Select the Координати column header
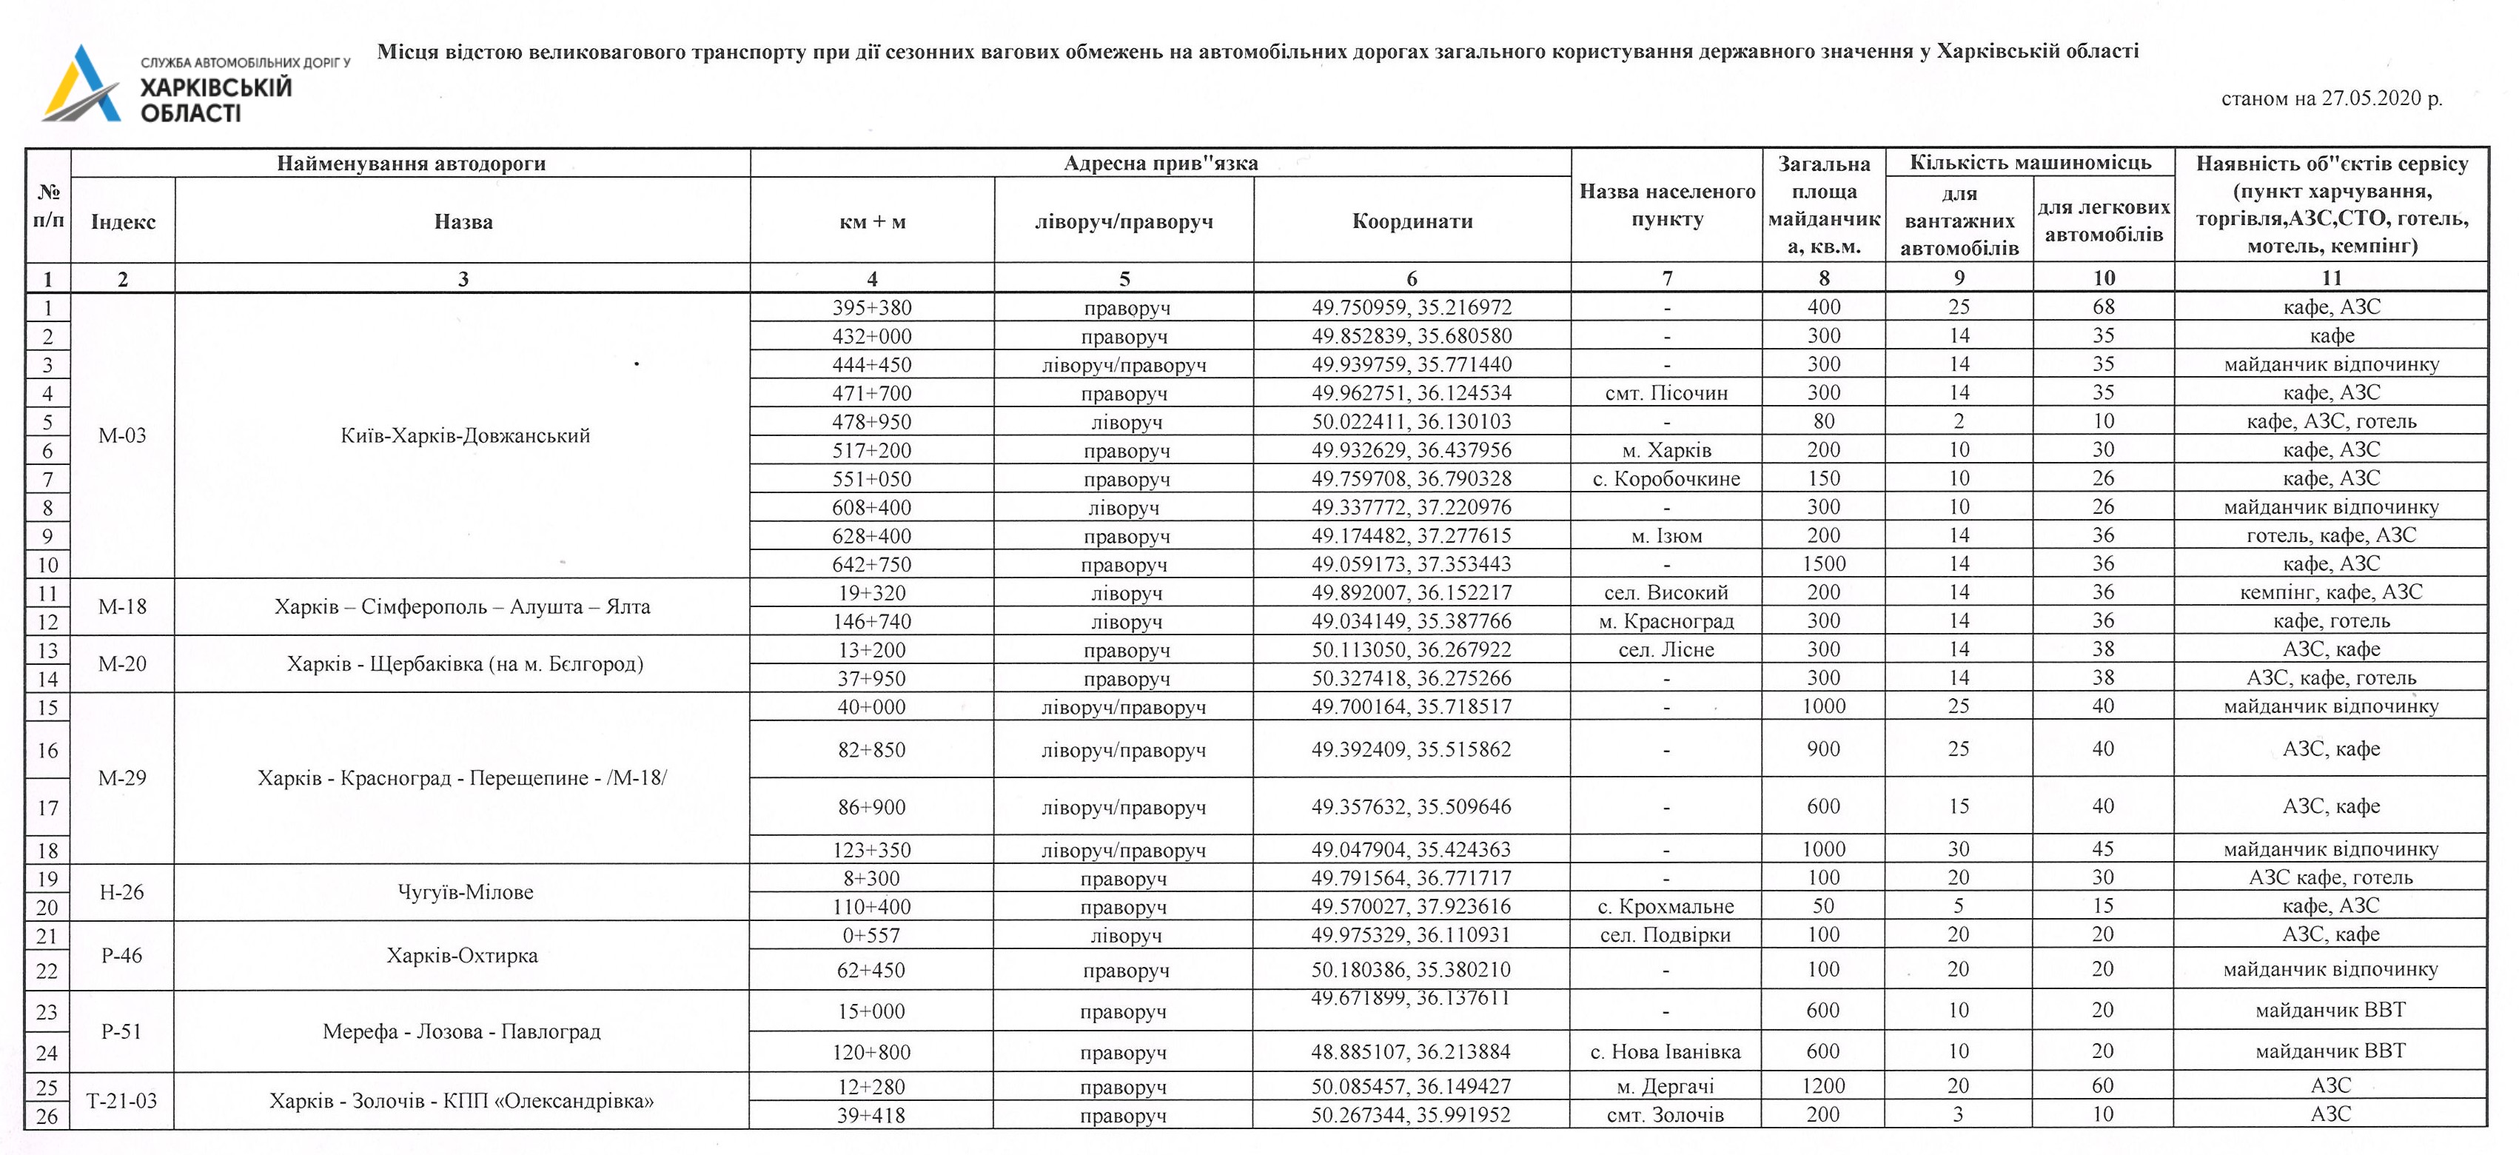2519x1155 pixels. click(1412, 221)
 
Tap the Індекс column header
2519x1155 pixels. click(122, 222)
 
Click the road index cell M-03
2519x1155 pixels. click(122, 435)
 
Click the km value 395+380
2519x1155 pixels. click(871, 307)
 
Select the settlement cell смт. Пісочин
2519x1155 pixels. click(1666, 393)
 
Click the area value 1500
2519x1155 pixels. click(1824, 564)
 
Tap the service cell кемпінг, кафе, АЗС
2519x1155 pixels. click(2331, 592)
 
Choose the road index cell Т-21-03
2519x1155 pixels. click(122, 1101)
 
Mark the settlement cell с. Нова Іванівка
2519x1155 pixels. click(1666, 1052)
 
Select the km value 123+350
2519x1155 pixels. click(871, 850)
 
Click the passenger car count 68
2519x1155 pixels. click(2104, 307)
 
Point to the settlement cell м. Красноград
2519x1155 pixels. click(1666, 621)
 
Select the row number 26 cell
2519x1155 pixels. click(47, 1116)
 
